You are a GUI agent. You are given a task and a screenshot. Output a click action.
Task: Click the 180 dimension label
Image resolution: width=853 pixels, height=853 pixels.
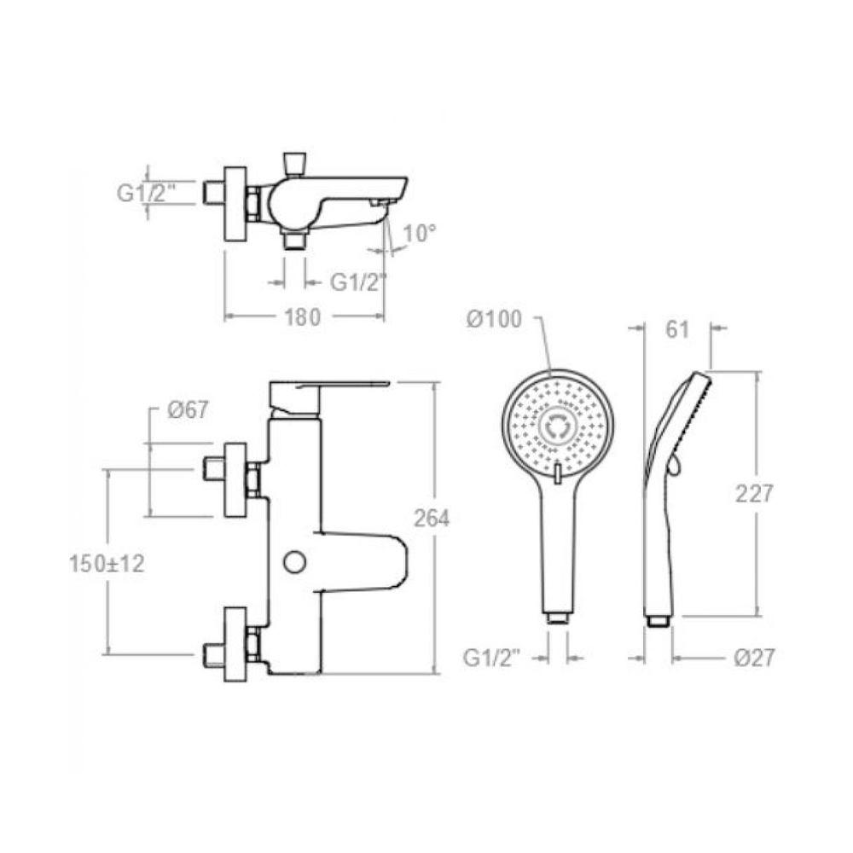(x=303, y=317)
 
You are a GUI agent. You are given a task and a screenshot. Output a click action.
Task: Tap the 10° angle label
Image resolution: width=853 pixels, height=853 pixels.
(x=420, y=234)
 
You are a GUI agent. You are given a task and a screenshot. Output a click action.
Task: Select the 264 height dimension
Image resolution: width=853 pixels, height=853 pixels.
(x=432, y=519)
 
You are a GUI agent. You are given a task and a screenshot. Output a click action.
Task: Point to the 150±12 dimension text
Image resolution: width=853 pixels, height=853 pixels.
(x=107, y=564)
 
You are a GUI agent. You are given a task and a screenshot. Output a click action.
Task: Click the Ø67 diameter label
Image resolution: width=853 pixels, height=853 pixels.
(x=188, y=410)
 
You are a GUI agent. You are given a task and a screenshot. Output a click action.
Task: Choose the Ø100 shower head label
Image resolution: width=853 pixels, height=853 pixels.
(x=494, y=319)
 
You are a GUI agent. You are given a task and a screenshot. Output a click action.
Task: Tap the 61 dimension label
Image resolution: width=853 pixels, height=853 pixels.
(x=677, y=329)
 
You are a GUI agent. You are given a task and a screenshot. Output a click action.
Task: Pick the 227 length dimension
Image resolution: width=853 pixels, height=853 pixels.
(x=753, y=494)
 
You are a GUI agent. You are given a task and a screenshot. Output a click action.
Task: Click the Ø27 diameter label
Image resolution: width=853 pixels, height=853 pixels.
(x=753, y=658)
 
